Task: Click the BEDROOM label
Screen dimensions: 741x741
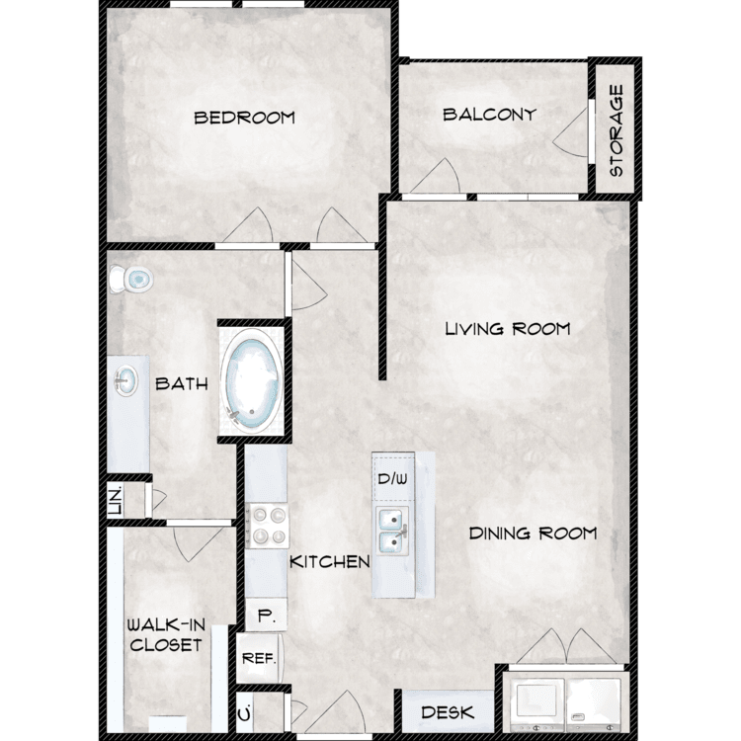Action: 244,118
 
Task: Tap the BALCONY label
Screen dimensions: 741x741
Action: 489,115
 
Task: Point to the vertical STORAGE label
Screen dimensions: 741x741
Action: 617,130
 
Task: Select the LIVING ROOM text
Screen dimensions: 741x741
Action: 508,328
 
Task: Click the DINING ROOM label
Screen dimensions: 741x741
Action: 533,534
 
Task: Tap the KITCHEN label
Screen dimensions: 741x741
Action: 329,562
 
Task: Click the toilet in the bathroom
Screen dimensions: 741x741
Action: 130,279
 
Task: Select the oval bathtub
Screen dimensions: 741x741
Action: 252,380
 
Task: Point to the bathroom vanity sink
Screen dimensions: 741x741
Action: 126,381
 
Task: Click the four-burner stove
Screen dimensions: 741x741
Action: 267,526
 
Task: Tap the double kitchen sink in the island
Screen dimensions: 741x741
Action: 392,531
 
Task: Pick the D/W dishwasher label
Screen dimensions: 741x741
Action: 392,479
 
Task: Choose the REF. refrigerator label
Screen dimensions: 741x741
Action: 259,658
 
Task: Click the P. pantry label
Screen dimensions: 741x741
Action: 266,616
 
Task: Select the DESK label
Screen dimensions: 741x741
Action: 447,712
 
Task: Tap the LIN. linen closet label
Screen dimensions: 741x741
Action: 116,501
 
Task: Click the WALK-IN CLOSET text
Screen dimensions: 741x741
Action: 166,635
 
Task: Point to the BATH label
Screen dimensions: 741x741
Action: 182,383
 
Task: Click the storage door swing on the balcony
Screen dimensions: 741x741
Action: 570,132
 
